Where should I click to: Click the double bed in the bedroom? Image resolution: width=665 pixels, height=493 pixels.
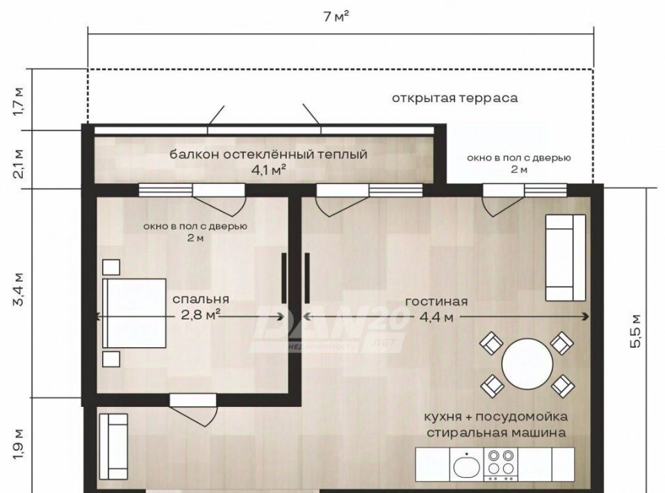pyautogui.click(x=134, y=313)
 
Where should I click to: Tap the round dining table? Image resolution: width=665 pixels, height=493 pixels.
pyautogui.click(x=527, y=364)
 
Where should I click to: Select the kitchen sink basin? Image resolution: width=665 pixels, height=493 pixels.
pyautogui.click(x=466, y=467)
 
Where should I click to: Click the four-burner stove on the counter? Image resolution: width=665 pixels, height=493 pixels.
pyautogui.click(x=501, y=465)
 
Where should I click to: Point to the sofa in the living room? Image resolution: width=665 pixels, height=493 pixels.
pyautogui.click(x=566, y=258)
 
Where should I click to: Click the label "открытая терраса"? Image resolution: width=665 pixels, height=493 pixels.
pyautogui.click(x=454, y=98)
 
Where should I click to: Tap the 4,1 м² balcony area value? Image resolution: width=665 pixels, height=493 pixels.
pyautogui.click(x=268, y=170)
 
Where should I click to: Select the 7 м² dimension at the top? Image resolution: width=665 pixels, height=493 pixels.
pyautogui.click(x=336, y=16)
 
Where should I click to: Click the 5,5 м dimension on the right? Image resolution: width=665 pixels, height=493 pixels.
pyautogui.click(x=635, y=331)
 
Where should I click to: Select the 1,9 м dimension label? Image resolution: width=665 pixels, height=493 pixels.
pyautogui.click(x=19, y=444)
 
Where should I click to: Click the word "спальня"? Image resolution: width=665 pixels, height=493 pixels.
pyautogui.click(x=201, y=299)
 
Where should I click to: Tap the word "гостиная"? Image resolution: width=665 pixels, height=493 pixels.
pyautogui.click(x=436, y=301)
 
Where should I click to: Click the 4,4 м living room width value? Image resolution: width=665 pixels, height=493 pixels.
pyautogui.click(x=436, y=317)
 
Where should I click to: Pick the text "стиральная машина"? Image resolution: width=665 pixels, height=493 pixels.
pyautogui.click(x=496, y=433)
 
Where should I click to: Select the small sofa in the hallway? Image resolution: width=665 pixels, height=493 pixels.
pyautogui.click(x=113, y=446)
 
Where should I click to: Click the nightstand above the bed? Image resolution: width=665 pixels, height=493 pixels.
pyautogui.click(x=111, y=267)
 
